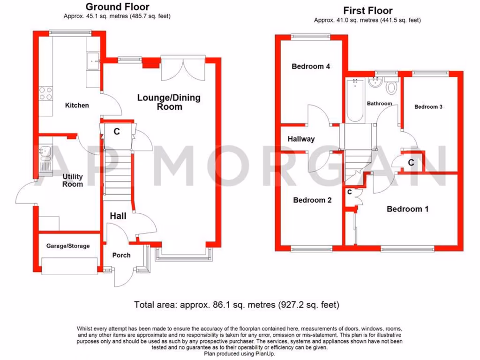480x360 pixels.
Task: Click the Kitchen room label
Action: (77, 105)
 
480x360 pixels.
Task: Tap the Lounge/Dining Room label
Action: (169, 102)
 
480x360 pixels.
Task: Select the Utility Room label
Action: (73, 180)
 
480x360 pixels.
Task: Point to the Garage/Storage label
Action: (68, 246)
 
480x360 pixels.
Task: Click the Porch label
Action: (121, 255)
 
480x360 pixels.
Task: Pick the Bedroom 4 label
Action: (311, 67)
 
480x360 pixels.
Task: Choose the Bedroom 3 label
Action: (428, 107)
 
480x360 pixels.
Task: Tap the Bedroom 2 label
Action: (312, 200)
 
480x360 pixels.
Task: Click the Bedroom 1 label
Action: (407, 209)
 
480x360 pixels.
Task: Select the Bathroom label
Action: (379, 104)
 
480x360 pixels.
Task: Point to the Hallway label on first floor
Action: (301, 139)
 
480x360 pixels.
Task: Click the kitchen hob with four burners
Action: (46, 94)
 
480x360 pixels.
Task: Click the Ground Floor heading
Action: (117, 7)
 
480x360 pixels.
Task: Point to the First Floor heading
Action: (368, 10)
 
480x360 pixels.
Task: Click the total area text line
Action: (237, 305)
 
